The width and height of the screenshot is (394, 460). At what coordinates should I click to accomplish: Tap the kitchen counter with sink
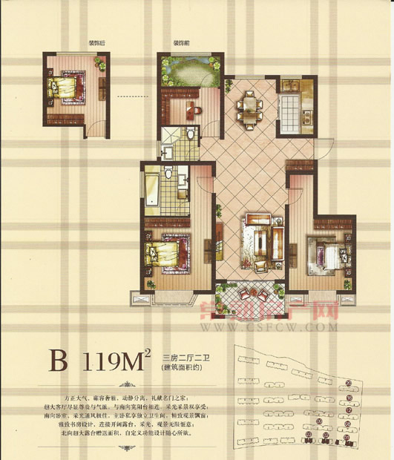point(289,105)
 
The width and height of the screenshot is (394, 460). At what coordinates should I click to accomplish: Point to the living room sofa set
point(259,240)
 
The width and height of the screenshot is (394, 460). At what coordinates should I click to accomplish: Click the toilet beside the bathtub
point(170,174)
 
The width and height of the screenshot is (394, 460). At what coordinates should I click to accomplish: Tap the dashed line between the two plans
point(134,96)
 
